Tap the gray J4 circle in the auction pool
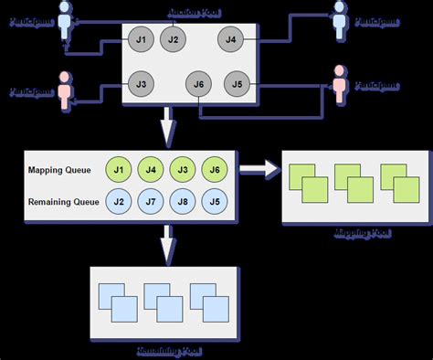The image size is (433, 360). (230, 39)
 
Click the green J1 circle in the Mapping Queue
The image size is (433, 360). (119, 170)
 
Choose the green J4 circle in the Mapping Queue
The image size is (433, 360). (151, 170)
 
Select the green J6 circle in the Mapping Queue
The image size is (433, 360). (214, 170)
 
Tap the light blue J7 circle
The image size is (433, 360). (151, 201)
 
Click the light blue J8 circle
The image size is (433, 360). (182, 201)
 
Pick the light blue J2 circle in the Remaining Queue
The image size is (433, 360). (119, 201)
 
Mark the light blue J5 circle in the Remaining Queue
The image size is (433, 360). (214, 201)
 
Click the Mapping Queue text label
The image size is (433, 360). (62, 170)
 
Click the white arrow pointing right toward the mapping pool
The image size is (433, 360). (259, 170)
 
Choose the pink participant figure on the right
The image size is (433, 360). (341, 84)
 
